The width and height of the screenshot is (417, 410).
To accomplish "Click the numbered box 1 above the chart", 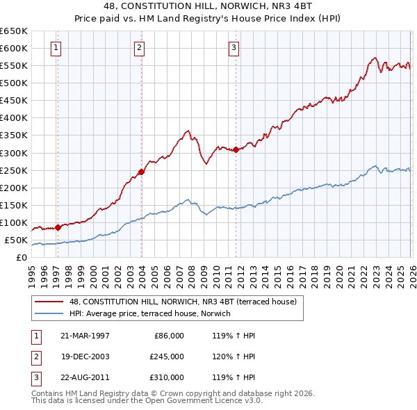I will click(x=56, y=48).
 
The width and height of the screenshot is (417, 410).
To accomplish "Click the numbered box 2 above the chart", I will click(x=140, y=48).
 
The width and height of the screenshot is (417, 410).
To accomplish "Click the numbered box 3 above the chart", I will click(x=234, y=48).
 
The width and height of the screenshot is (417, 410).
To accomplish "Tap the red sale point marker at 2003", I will click(x=141, y=172).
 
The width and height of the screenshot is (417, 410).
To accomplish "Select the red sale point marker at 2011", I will click(x=236, y=149).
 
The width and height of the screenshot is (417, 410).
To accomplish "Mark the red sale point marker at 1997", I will click(x=58, y=227).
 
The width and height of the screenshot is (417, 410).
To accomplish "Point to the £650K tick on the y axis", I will click(x=14, y=31).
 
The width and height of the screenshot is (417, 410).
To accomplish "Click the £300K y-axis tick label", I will click(x=14, y=153).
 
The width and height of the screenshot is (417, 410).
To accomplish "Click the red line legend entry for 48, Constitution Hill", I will click(x=182, y=302).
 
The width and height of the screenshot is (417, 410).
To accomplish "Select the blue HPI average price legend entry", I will click(x=154, y=314).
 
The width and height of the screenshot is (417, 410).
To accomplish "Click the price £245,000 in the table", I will click(x=166, y=356).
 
